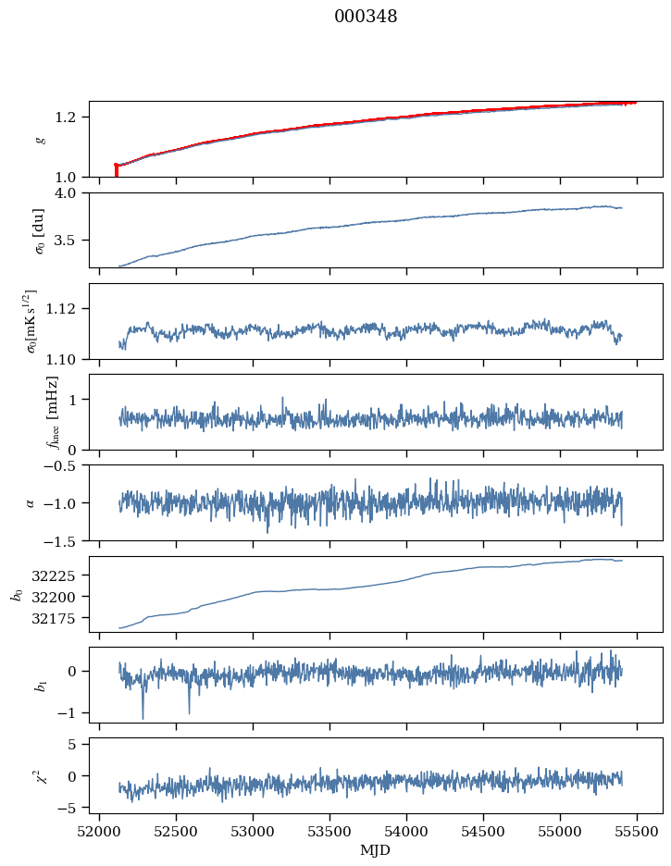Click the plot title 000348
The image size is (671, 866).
click(366, 17)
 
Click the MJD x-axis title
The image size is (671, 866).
click(375, 849)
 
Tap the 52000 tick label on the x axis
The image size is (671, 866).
click(100, 830)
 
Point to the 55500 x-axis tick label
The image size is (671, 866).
click(637, 830)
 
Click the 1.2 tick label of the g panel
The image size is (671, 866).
click(70, 117)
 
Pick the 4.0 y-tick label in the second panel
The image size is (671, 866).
click(70, 193)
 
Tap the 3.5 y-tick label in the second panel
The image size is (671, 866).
click(70, 241)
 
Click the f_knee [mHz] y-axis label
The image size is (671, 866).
click(51, 412)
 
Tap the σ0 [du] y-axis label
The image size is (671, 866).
click(39, 230)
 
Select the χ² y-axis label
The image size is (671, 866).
click(39, 775)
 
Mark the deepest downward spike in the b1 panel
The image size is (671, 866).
click(143, 717)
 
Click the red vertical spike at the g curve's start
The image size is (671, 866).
click(116, 170)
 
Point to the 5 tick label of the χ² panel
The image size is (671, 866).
click(78, 744)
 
